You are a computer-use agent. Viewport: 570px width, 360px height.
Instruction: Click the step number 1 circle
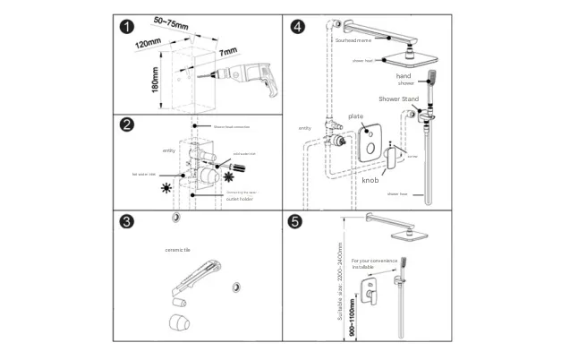[x=131, y=29]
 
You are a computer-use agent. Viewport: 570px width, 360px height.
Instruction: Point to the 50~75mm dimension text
[x=171, y=21]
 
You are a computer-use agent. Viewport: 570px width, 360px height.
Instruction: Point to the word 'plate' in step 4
[x=355, y=116]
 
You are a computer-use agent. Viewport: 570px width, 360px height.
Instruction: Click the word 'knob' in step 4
[x=370, y=180]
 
